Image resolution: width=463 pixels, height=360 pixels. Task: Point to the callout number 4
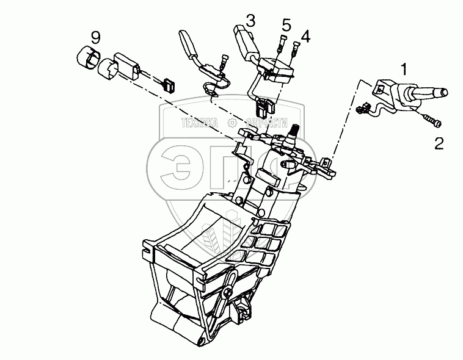click(305, 36)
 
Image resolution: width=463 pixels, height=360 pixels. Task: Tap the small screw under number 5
click(282, 45)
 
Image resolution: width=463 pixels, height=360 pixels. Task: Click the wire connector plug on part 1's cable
click(361, 110)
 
